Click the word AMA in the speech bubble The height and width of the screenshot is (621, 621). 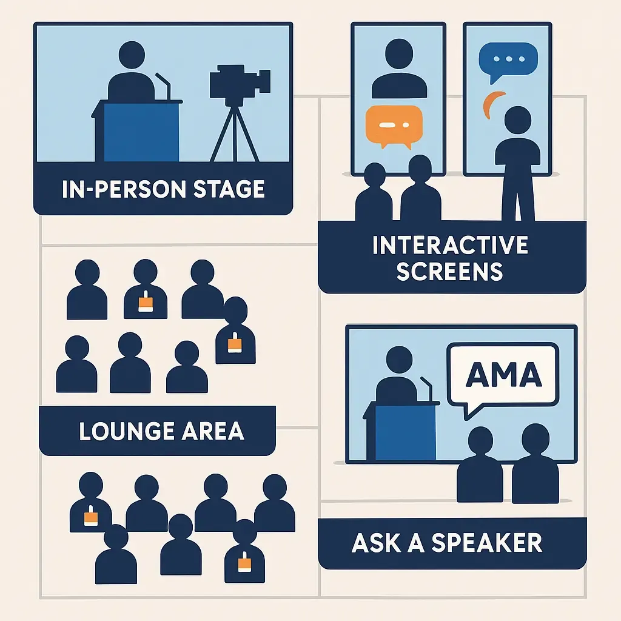(x=503, y=375)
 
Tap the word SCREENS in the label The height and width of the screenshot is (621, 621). (x=450, y=270)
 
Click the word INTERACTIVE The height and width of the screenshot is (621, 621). (x=450, y=245)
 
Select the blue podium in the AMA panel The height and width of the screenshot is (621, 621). (x=405, y=431)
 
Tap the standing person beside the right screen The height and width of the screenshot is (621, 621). (x=517, y=164)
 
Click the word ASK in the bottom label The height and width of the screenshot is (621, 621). (x=375, y=543)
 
